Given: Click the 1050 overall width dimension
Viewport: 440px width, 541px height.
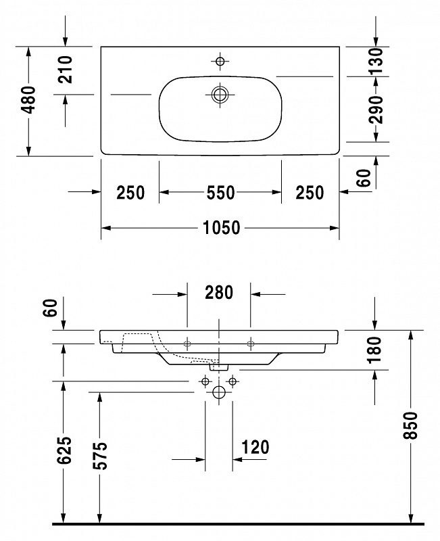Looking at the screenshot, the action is click(x=222, y=228).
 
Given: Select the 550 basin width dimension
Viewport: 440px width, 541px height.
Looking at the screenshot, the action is click(x=221, y=193).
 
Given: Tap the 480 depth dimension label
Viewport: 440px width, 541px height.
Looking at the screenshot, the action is click(x=28, y=99).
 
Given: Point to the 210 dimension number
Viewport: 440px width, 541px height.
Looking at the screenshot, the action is click(x=65, y=70).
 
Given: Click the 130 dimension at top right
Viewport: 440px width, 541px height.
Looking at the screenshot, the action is click(x=376, y=62).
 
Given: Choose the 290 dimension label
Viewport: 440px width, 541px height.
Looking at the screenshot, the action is click(x=376, y=110).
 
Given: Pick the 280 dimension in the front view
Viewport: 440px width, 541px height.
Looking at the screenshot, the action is click(x=219, y=293).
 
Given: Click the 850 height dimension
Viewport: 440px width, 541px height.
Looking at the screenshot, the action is click(x=410, y=425).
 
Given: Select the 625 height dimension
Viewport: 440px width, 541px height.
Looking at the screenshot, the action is click(x=64, y=450).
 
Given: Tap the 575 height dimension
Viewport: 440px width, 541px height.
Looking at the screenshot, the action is click(x=100, y=455).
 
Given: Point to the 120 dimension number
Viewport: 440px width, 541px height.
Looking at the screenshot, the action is click(x=255, y=447).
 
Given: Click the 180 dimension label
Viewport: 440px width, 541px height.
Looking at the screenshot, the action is click(x=375, y=350).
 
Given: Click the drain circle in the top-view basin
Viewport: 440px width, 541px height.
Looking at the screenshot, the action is click(x=220, y=94).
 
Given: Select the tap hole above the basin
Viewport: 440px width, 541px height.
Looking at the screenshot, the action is click(x=220, y=62).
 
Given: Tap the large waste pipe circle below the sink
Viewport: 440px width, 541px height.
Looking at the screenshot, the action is click(x=219, y=392).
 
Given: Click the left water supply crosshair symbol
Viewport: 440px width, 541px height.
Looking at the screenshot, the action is click(x=205, y=381).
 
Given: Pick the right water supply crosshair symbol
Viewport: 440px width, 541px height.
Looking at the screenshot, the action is click(x=233, y=381).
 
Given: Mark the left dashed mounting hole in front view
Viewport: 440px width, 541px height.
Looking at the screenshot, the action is click(x=187, y=344).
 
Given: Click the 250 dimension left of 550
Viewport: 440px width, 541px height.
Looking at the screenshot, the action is click(x=130, y=193).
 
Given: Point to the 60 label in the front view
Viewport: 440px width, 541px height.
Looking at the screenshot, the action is click(x=50, y=308).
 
